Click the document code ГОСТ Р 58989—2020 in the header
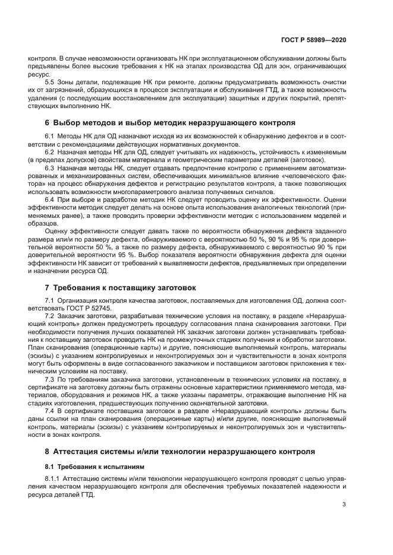pyautogui.click(x=313, y=39)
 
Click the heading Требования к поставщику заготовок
pyautogui.click(x=120, y=287)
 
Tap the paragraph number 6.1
pyautogui.click(x=50, y=137)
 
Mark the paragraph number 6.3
pyautogui.click(x=50, y=168)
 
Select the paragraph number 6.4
pyautogui.click(x=50, y=199)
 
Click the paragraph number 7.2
pyautogui.click(x=50, y=316)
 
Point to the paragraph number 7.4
pyautogui.click(x=50, y=410)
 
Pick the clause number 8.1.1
pyautogui.click(x=54, y=478)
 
